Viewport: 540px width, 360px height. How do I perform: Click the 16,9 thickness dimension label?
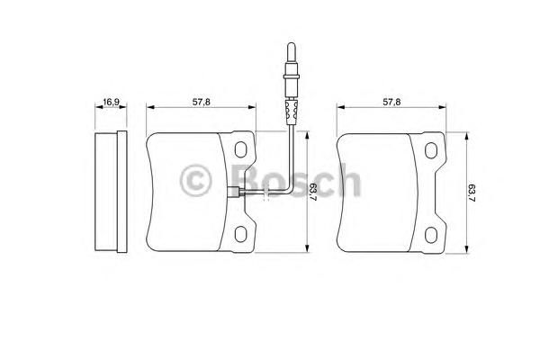point(112,102)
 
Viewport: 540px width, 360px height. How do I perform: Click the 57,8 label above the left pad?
point(201,102)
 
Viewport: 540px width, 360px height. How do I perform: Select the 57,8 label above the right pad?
point(391,102)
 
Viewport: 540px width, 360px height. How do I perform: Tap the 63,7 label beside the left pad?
point(313,192)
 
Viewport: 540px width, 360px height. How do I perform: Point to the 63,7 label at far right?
point(472,193)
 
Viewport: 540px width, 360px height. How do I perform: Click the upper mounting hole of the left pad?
point(240,149)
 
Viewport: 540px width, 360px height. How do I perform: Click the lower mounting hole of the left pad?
point(240,234)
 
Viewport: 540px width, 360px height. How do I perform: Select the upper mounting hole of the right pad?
point(431,150)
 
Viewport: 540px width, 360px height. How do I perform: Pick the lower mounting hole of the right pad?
point(431,235)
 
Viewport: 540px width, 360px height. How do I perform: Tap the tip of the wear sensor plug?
point(291,43)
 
